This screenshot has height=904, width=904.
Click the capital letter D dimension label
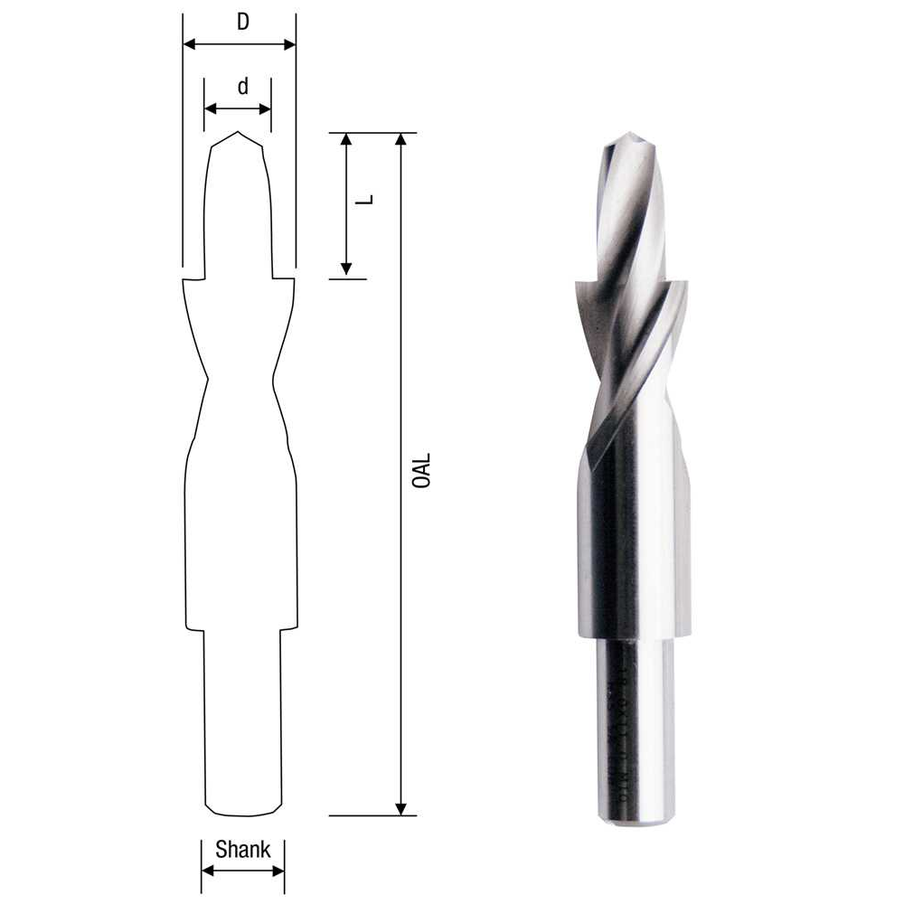point(242,23)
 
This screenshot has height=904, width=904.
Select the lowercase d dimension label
point(242,87)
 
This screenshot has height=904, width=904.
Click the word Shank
point(242,850)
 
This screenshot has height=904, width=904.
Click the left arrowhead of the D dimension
point(189,44)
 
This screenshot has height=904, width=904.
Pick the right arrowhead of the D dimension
point(289,44)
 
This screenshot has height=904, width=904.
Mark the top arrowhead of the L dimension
point(345,139)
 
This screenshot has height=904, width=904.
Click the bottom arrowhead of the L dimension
point(345,269)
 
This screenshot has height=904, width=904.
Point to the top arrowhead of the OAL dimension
point(401,139)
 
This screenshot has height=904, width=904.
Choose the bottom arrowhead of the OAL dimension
point(401,808)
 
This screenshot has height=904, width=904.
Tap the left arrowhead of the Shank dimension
point(207,871)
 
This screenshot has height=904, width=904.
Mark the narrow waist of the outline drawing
point(240,378)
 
